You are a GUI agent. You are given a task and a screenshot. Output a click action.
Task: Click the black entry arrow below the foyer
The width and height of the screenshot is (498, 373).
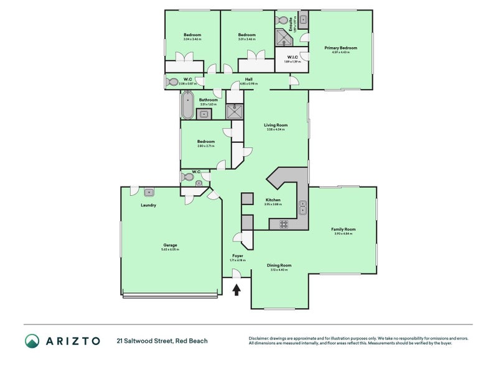[x=237, y=290]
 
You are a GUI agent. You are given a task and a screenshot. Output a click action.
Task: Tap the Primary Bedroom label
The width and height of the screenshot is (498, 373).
[x=341, y=48]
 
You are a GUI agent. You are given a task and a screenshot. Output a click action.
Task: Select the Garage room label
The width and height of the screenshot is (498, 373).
[x=171, y=245]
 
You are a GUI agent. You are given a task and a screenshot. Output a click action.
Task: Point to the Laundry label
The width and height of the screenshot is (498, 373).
[x=148, y=205]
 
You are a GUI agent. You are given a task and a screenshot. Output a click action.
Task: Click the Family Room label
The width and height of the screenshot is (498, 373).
[x=343, y=229]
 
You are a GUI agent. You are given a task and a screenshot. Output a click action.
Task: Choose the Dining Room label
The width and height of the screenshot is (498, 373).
[x=281, y=265]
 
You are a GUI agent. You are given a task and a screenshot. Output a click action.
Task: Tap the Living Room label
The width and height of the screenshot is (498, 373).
[x=275, y=125]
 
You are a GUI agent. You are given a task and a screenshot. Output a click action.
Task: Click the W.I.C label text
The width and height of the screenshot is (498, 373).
[x=292, y=57]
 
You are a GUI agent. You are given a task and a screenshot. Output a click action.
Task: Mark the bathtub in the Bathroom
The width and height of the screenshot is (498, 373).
[x=187, y=105]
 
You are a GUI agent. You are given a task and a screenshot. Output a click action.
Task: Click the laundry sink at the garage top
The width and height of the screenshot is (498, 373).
[x=149, y=191]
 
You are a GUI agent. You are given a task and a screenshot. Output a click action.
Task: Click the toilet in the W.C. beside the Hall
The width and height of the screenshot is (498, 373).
[x=172, y=81]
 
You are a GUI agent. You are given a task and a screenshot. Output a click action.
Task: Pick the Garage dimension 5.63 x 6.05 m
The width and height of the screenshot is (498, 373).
[x=171, y=249]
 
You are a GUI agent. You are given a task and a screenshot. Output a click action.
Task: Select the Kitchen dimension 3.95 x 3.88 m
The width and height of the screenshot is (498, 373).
[x=273, y=204]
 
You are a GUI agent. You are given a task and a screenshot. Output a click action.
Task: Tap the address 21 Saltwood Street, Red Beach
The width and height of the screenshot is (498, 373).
[x=162, y=341]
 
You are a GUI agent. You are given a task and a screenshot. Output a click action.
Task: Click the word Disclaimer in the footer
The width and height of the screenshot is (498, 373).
[x=260, y=338]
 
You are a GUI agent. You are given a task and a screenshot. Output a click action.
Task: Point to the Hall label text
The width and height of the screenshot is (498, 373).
[x=248, y=79]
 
